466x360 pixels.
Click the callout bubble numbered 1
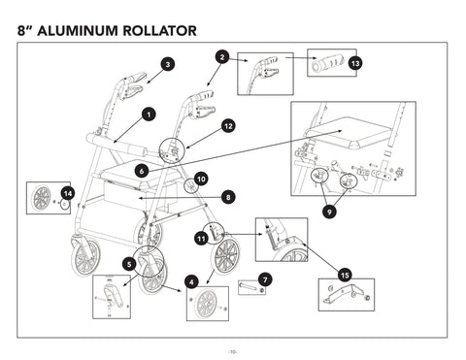(148, 115)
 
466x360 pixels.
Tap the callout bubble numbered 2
(222, 57)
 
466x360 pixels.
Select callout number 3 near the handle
(168, 64)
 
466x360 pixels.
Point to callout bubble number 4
(192, 281)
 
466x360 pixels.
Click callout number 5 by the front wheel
(129, 263)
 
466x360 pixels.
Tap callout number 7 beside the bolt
(266, 279)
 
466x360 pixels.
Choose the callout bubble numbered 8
(227, 196)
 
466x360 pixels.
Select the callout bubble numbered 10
(200, 179)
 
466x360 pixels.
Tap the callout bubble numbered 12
(227, 126)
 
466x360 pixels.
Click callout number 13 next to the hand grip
(355, 62)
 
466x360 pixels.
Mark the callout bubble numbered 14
(67, 194)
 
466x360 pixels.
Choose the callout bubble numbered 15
(344, 276)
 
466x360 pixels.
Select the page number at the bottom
(232, 349)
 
